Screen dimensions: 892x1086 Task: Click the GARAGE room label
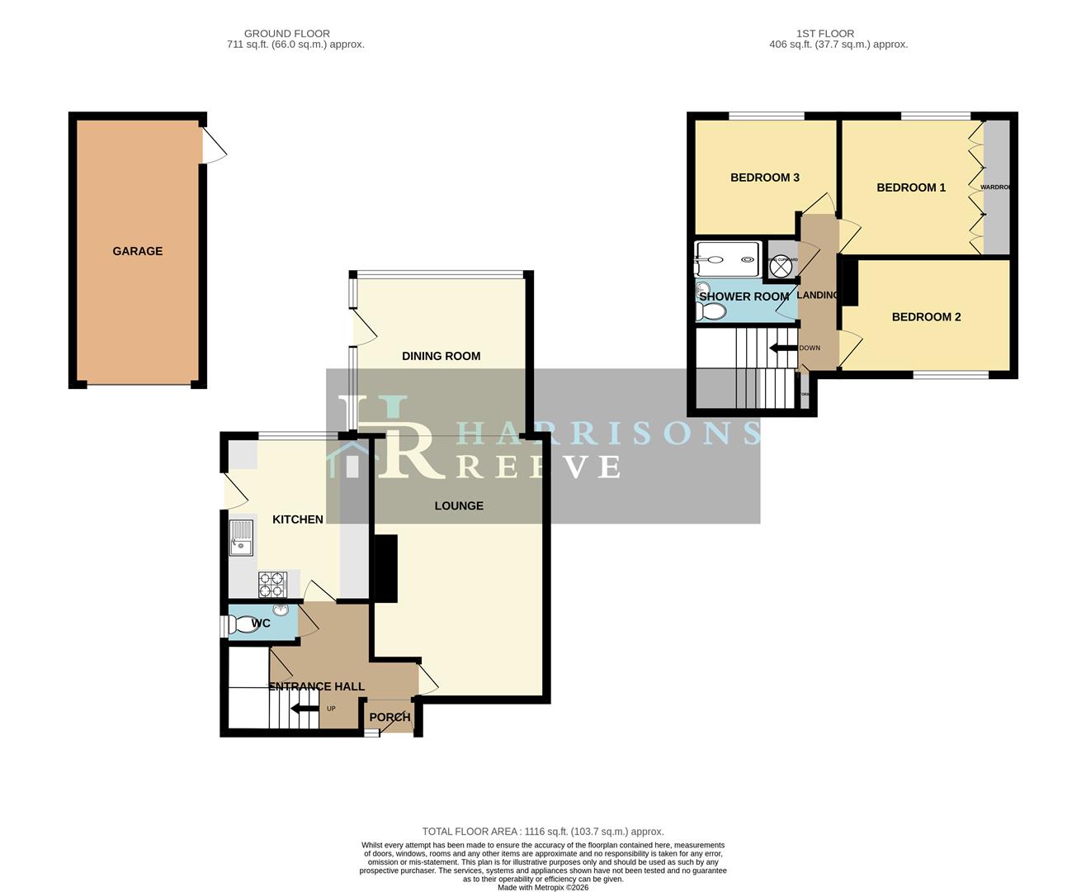pyautogui.click(x=137, y=251)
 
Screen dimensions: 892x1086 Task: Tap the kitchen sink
pyautogui.click(x=242, y=538)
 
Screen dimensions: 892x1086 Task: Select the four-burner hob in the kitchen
pyautogui.click(x=271, y=585)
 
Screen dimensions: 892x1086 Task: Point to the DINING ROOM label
pyautogui.click(x=441, y=356)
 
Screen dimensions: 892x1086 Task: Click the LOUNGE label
pyautogui.click(x=459, y=505)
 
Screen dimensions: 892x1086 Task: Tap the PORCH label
pyautogui.click(x=390, y=717)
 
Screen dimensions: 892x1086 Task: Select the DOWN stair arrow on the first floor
pyautogui.click(x=781, y=348)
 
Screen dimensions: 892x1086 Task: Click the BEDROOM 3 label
pyautogui.click(x=764, y=178)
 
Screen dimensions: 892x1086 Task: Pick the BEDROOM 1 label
pyautogui.click(x=911, y=187)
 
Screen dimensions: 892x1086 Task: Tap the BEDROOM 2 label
pyautogui.click(x=926, y=317)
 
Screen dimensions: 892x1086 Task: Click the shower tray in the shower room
pyautogui.click(x=727, y=259)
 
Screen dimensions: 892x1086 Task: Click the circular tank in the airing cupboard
pyautogui.click(x=782, y=267)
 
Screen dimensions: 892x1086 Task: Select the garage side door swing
pyautogui.click(x=215, y=148)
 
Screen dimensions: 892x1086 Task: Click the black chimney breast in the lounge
pyautogui.click(x=385, y=568)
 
